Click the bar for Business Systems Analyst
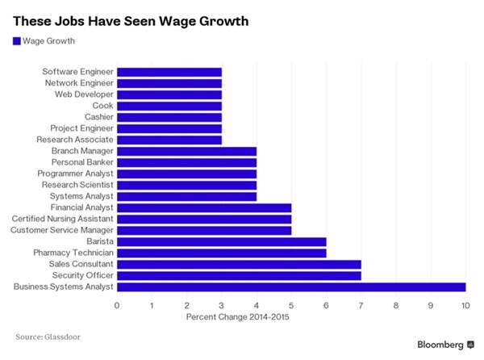pyautogui.click(x=291, y=287)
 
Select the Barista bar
pyautogui.click(x=222, y=241)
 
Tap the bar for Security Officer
pyautogui.click(x=239, y=275)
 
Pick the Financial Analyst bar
pyautogui.click(x=204, y=207)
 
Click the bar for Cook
pyautogui.click(x=169, y=106)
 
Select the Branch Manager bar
pyautogui.click(x=187, y=151)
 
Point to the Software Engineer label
pyautogui.click(x=78, y=72)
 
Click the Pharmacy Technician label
pyautogui.click(x=74, y=253)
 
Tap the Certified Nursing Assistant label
pyautogui.click(x=63, y=219)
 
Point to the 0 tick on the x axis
pyautogui.click(x=117, y=305)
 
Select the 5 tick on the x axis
pyautogui.click(x=291, y=305)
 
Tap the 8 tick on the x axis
pyautogui.click(x=395, y=305)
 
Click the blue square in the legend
pyautogui.click(x=15, y=40)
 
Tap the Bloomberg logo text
pyautogui.click(x=440, y=345)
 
